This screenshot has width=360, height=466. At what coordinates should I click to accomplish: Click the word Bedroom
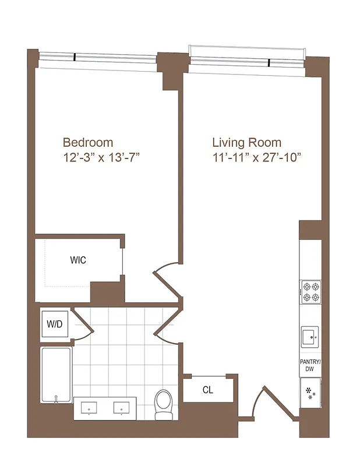(88, 142)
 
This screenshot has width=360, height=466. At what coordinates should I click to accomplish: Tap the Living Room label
(246, 142)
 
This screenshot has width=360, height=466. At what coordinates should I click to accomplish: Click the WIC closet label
(78, 260)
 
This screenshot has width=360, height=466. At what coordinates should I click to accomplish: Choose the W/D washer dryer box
(55, 324)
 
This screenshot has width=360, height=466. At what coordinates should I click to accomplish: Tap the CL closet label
(207, 390)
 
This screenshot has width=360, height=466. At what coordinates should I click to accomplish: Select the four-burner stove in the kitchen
(310, 292)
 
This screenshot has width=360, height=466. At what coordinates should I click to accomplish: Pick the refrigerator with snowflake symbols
(310, 391)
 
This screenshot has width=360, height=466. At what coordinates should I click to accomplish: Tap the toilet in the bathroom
(164, 404)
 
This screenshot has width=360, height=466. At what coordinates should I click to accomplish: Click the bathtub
(56, 375)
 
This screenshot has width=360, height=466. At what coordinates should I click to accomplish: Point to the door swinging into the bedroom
(166, 281)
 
